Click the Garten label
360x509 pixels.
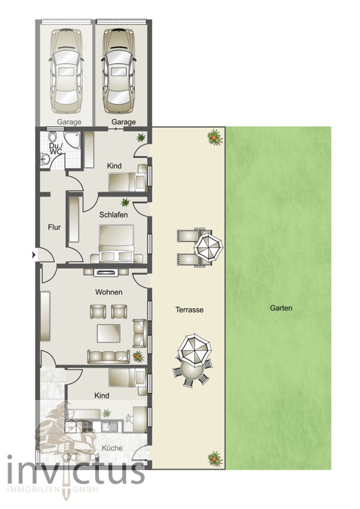(281, 308)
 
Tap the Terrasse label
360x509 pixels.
(189, 310)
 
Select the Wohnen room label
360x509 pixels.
(109, 292)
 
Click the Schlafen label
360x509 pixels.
(113, 215)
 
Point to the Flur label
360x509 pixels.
(54, 227)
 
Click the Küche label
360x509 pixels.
(112, 448)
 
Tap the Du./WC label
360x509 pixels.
(55, 148)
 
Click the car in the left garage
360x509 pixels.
(66, 71)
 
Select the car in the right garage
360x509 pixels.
(118, 71)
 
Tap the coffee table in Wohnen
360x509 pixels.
(108, 333)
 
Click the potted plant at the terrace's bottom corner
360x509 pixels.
(215, 458)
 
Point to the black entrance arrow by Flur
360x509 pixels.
(34, 255)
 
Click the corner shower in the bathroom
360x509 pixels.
(72, 140)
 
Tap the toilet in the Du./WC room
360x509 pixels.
(52, 136)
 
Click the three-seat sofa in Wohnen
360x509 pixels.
(108, 357)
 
